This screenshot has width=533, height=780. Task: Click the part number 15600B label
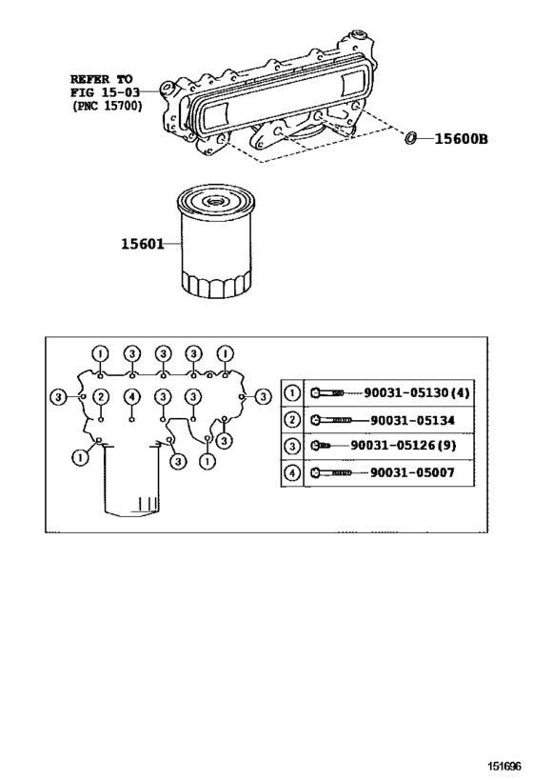[x=461, y=138]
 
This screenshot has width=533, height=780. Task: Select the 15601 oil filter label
[x=142, y=244]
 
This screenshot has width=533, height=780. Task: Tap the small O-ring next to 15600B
[x=411, y=138]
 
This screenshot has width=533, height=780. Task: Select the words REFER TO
[x=103, y=77]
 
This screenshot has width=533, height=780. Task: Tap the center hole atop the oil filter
[x=216, y=201]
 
